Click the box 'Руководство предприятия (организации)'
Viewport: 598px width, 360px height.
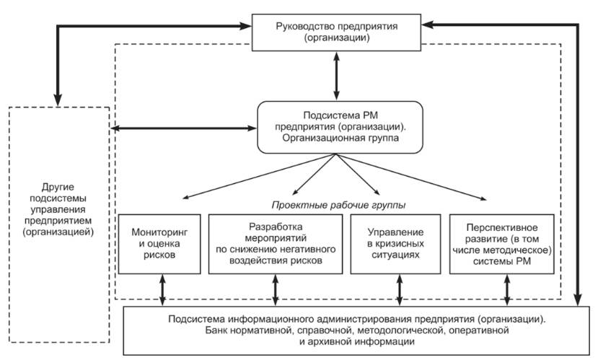[x=337, y=32]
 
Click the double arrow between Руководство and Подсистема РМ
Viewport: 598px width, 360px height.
[x=337, y=76]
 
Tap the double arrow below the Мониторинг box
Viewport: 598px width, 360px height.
[x=163, y=290]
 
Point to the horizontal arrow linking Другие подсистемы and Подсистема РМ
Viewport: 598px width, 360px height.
[x=184, y=128]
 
